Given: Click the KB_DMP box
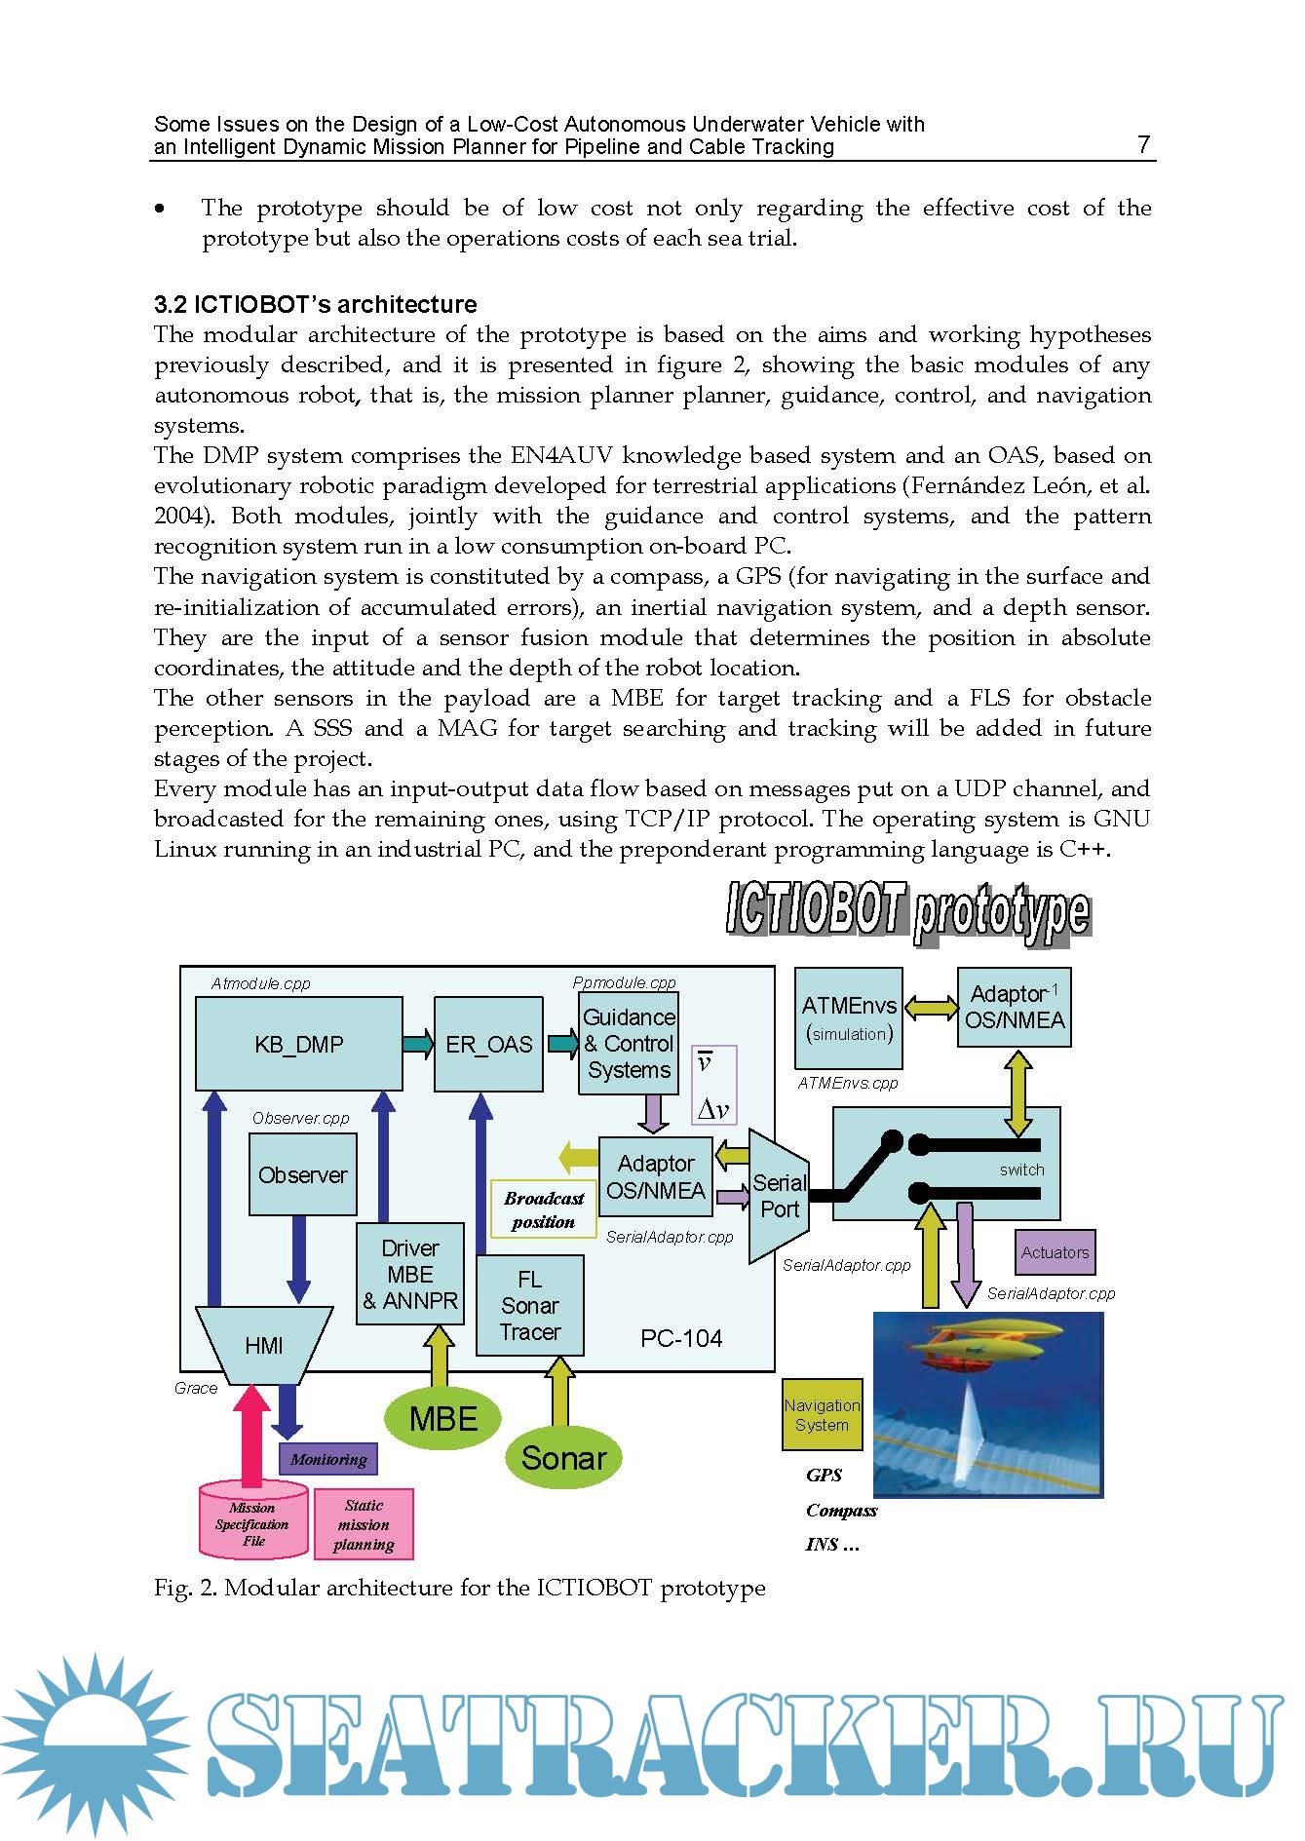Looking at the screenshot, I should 298,1044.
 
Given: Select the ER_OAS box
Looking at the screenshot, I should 488,1044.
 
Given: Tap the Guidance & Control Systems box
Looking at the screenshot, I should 628,1043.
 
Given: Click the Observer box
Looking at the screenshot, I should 302,1175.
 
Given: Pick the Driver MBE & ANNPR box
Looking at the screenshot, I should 409,1274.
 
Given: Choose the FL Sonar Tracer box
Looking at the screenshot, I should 529,1305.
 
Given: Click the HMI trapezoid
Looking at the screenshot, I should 264,1345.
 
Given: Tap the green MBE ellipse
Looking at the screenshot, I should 442,1418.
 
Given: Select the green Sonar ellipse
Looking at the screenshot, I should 563,1458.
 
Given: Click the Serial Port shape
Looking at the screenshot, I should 779,1196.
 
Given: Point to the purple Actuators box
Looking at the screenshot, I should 1055,1252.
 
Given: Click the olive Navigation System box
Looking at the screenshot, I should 822,1414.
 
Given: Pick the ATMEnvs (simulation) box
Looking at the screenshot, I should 848,1017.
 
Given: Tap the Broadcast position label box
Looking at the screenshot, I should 543,1209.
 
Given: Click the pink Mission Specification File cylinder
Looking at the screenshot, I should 252,1523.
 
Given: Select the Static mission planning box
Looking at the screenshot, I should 364,1524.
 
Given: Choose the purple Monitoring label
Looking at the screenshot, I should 328,1459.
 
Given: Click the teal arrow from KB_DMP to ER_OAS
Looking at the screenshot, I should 417,1044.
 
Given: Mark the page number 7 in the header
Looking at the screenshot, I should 1143,144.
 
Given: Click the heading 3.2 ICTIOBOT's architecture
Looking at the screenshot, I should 315,304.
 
